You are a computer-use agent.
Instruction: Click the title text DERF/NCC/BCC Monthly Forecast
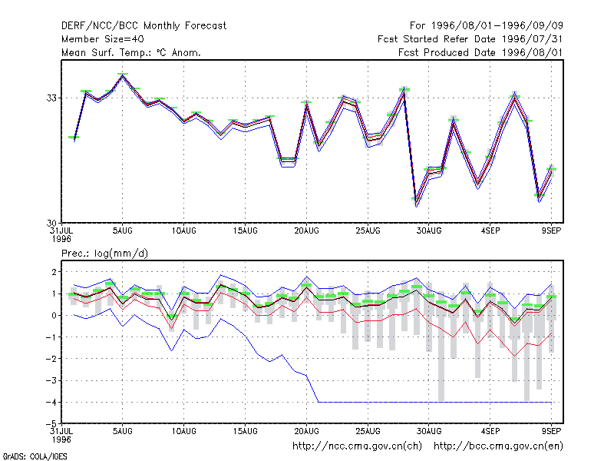pos(144,26)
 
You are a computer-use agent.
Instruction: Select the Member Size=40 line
pos(103,39)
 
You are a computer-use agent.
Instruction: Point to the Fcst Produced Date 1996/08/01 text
pos(480,52)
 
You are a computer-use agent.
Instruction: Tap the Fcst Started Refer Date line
pos(470,39)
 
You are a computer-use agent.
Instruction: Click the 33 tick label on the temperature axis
pos(51,98)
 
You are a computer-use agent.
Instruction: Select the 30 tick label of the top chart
pos(51,223)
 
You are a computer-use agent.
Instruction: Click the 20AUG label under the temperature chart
pos(306,231)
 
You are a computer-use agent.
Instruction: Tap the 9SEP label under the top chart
pos(551,231)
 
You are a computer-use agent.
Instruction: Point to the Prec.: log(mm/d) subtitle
pos(104,254)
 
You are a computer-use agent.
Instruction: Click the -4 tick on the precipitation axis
pos(51,402)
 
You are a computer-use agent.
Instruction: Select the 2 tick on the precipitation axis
pos(54,272)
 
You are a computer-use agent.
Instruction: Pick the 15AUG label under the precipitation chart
pos(245,431)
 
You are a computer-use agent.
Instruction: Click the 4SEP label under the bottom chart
pos(490,431)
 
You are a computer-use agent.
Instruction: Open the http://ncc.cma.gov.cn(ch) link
pos(357,446)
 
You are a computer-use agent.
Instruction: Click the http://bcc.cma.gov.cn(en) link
pos(498,446)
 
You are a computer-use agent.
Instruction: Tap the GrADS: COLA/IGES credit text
pos(35,456)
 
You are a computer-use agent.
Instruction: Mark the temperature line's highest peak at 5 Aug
pos(123,75)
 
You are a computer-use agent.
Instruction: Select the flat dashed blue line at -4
pos(434,402)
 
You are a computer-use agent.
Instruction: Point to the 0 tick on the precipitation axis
pos(54,316)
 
